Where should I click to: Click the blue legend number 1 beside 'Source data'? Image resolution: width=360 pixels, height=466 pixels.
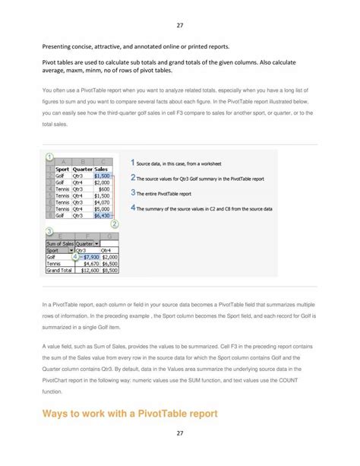click(x=133, y=163)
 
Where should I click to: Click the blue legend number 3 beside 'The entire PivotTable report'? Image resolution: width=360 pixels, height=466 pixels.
click(x=133, y=192)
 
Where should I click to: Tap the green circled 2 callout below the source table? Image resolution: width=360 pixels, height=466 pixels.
click(x=115, y=224)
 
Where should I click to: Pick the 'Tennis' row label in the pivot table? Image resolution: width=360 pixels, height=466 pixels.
click(x=54, y=263)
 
